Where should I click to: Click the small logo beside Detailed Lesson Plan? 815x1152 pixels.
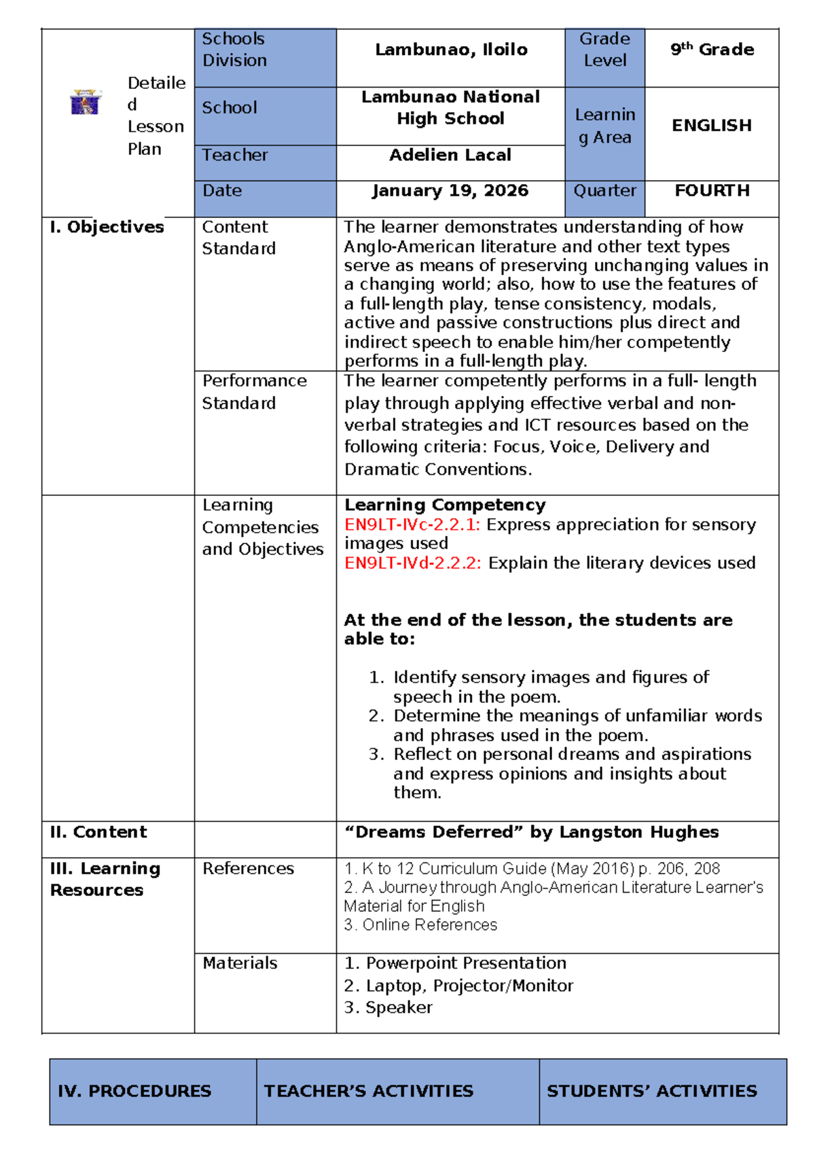tap(86, 103)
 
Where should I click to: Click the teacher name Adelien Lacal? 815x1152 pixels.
tap(450, 155)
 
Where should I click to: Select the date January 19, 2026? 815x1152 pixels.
tap(450, 191)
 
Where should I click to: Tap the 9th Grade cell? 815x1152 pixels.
tap(712, 50)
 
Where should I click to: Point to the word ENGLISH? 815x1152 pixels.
tap(712, 126)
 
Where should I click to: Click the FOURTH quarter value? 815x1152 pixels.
tap(712, 191)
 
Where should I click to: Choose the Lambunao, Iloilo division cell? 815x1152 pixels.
tap(451, 50)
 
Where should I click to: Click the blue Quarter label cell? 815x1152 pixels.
tap(604, 191)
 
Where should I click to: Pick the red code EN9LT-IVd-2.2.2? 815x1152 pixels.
tap(413, 563)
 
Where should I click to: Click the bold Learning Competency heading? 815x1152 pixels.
tap(445, 505)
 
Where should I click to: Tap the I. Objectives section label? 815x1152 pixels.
tap(107, 227)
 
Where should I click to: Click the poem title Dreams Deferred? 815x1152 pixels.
tap(435, 832)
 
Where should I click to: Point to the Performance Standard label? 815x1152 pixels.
tap(254, 392)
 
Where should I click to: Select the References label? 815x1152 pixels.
tap(248, 869)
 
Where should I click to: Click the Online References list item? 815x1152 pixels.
tap(421, 925)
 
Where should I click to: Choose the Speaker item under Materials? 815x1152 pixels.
tap(388, 1008)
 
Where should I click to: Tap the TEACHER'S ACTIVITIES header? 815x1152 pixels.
tap(369, 1091)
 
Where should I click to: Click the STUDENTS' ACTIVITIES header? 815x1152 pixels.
tap(651, 1091)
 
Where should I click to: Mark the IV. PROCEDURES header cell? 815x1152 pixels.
tap(134, 1091)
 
